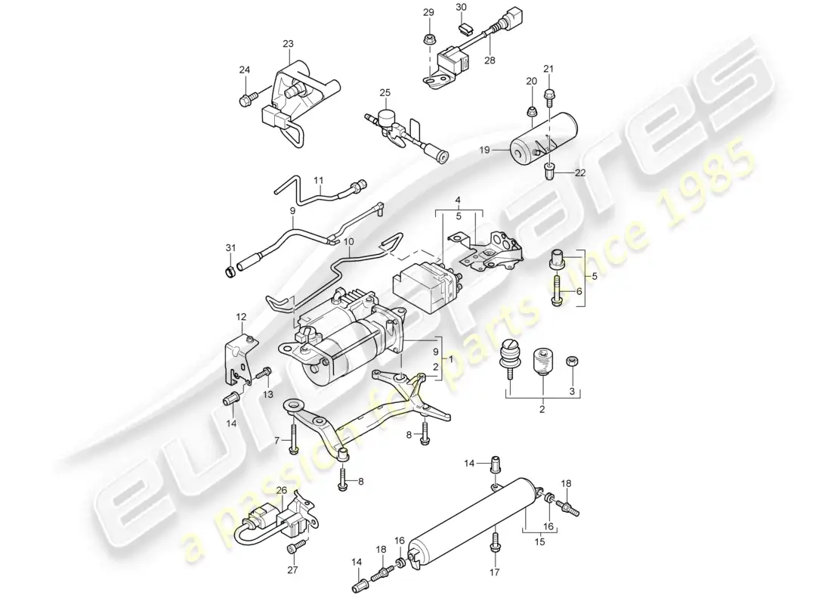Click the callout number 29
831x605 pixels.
428,13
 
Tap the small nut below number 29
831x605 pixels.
428,38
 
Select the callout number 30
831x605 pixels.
462,8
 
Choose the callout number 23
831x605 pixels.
288,44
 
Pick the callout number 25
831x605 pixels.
385,93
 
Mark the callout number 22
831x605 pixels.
580,173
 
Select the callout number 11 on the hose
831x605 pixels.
319,180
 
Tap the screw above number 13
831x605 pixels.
265,372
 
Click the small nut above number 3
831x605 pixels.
572,361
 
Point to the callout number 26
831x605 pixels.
280,490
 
